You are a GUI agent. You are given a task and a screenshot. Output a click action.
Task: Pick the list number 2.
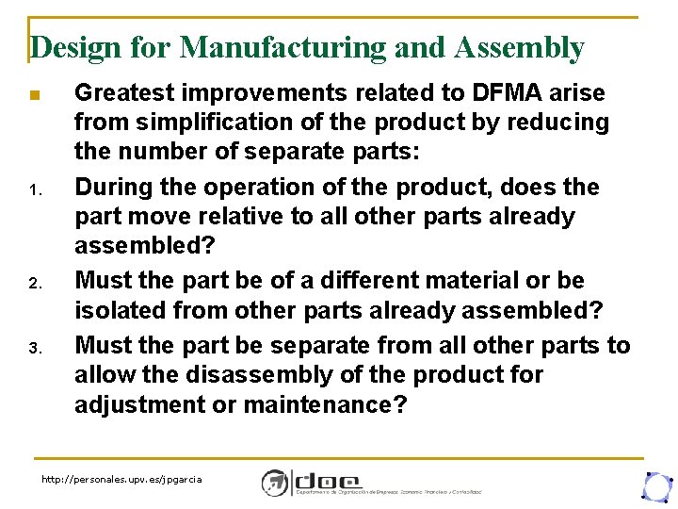click(x=33, y=285)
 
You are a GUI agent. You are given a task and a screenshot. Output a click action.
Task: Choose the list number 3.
click(x=33, y=350)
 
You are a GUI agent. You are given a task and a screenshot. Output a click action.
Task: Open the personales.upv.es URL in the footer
click(x=121, y=480)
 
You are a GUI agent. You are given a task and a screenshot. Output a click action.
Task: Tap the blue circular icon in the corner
click(x=655, y=484)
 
